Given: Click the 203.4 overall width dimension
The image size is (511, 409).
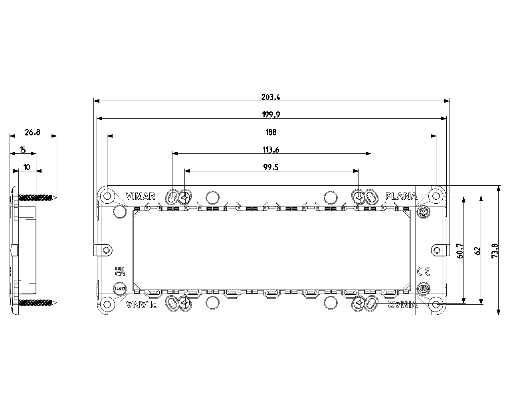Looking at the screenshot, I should (x=271, y=97).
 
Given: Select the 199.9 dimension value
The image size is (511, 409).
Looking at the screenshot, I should (x=271, y=115).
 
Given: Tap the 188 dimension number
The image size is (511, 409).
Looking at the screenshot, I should (x=271, y=132).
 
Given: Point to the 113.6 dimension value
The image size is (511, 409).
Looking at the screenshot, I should (x=271, y=150).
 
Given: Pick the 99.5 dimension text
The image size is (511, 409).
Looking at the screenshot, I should (x=271, y=167).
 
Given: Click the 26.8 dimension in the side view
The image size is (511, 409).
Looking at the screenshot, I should (x=33, y=133).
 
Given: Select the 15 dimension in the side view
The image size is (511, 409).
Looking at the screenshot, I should (x=22, y=150).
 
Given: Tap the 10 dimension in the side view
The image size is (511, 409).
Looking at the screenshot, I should (x=27, y=167).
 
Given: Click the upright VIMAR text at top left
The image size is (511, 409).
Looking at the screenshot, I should (x=140, y=196).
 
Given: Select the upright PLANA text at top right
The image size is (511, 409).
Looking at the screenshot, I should (x=401, y=196).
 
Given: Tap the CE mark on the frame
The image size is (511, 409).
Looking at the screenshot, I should (x=424, y=272).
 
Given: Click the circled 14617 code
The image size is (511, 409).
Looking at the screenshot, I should (x=120, y=288).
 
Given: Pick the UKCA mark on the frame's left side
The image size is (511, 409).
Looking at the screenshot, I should (x=120, y=272).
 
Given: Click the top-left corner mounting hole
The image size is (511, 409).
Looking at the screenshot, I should (x=107, y=196).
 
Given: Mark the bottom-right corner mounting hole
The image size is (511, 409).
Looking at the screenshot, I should (x=436, y=304).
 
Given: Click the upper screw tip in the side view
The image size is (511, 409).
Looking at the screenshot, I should (x=55, y=197).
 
